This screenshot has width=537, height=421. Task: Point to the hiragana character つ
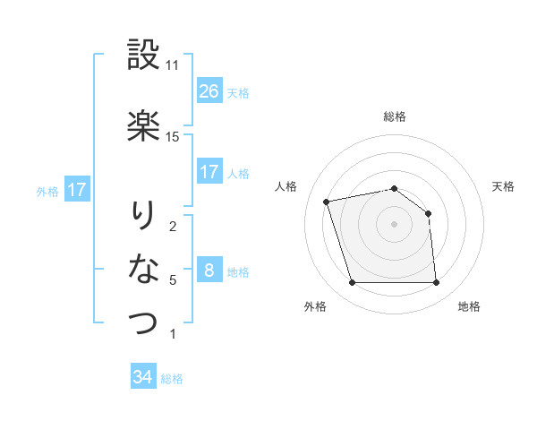coord(143,322)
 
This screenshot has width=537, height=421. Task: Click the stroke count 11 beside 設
coord(173,65)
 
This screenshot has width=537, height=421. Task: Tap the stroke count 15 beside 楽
coord(173,137)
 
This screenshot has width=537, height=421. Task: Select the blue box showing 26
coord(209,91)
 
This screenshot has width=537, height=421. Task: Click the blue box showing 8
coord(209,271)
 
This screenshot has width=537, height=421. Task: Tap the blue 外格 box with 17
coord(76,190)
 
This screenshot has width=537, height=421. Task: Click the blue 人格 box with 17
coord(209,172)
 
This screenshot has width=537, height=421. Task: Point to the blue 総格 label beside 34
coord(172,379)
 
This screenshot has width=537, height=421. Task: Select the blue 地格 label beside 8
coord(238,272)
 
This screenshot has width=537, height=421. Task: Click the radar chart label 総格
coord(395,116)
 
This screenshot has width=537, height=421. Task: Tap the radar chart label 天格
coord(503,186)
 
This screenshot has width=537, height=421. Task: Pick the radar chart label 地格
coord(469,306)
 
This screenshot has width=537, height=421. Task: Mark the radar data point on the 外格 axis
coord(352,283)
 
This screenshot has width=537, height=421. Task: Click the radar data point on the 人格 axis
coord(327,201)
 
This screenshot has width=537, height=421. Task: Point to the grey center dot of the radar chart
coord(394,223)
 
